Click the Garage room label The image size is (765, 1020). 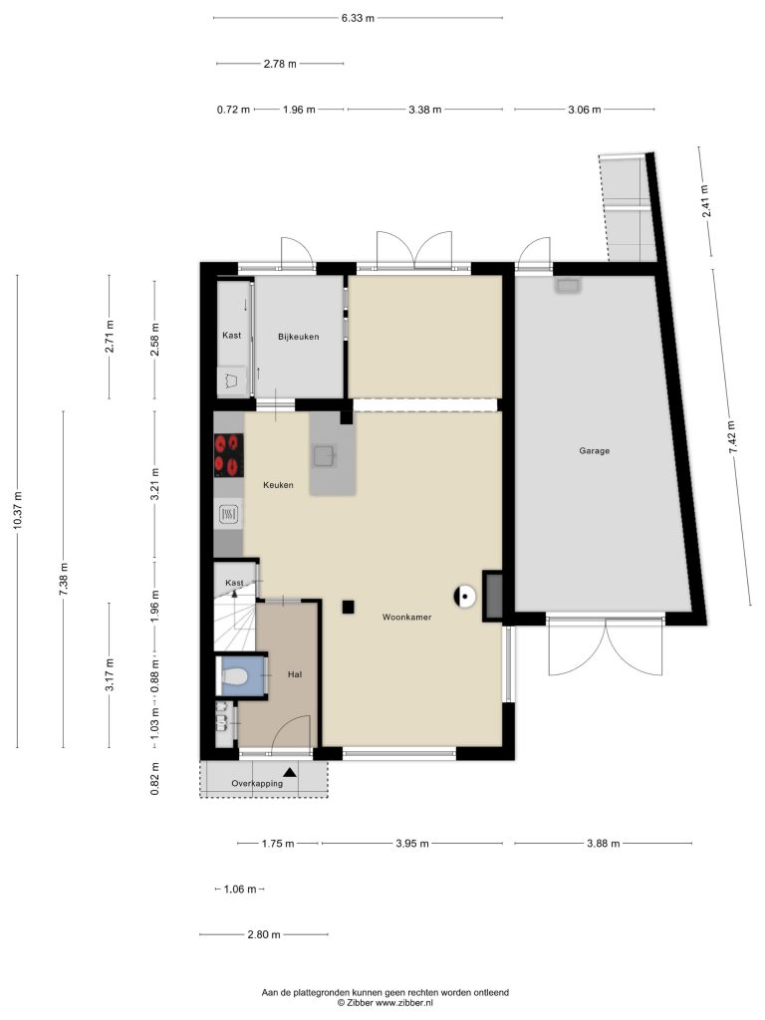594,450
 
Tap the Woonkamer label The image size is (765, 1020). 406,617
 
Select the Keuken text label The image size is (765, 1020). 278,485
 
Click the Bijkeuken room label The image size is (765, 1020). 298,337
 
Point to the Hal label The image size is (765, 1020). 295,674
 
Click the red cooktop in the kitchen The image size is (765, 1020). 228,454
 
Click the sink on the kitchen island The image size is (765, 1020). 325,455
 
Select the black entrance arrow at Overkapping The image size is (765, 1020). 290,772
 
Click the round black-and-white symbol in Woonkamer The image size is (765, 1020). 464,596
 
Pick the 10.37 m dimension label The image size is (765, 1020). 18,510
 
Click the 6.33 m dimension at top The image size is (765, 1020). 358,18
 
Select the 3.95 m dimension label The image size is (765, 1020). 412,844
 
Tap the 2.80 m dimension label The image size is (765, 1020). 263,934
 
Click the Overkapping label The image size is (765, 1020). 257,783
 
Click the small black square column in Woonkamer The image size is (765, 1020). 348,608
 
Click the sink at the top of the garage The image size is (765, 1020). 567,286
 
